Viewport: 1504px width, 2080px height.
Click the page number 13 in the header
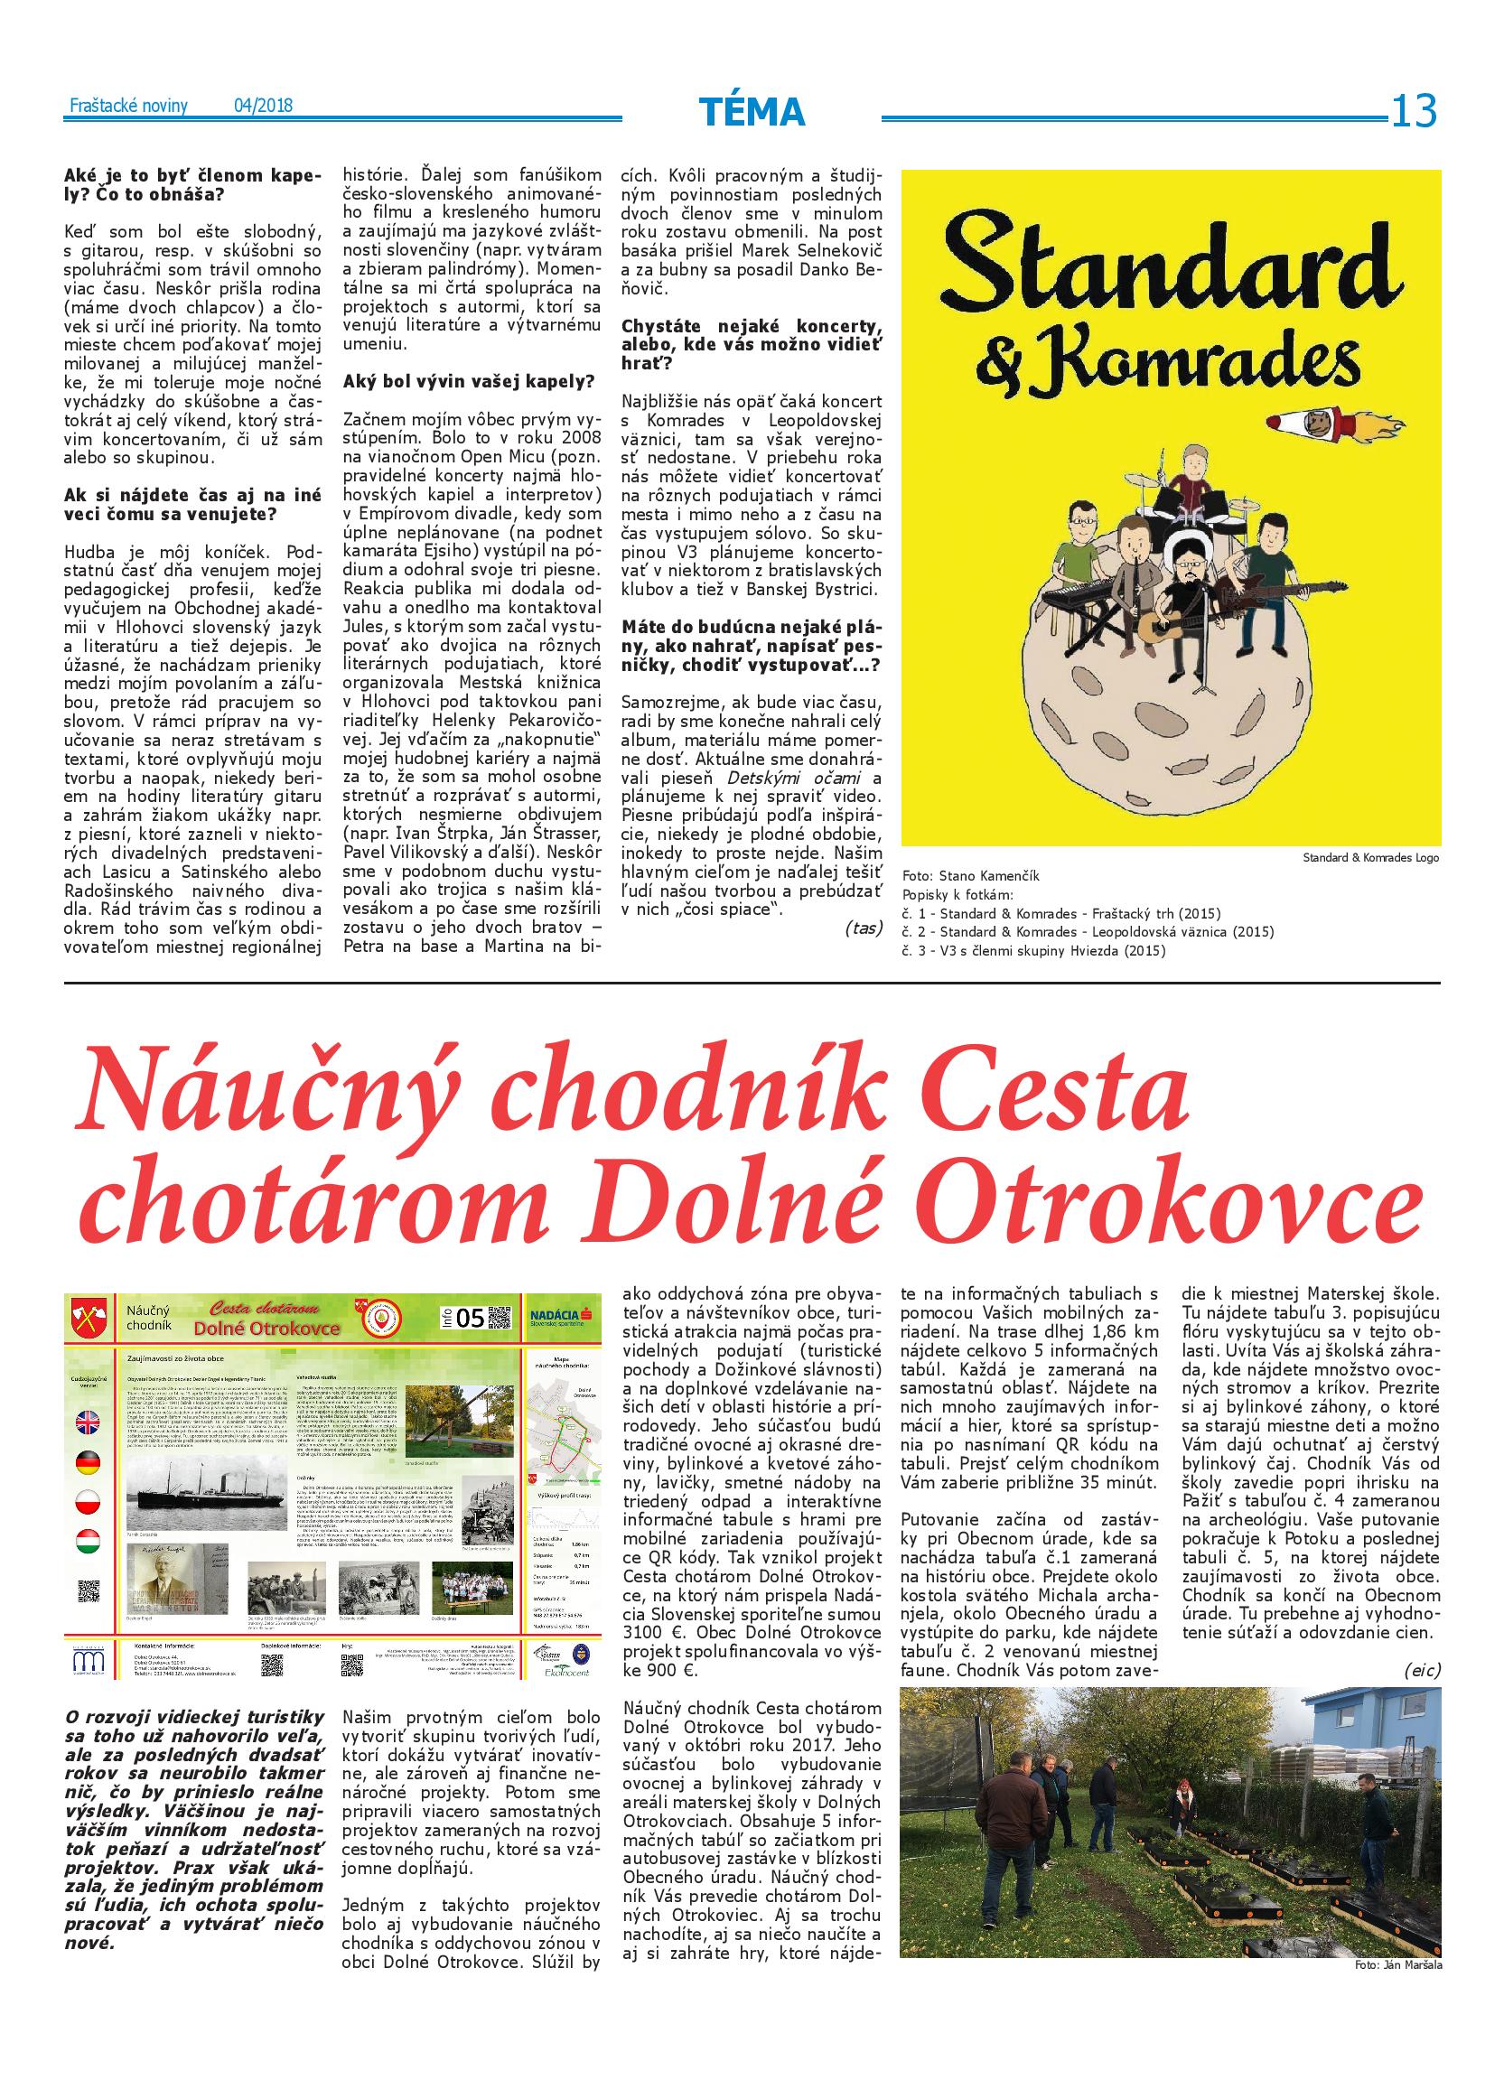click(x=1413, y=112)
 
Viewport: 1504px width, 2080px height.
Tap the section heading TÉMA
click(x=751, y=112)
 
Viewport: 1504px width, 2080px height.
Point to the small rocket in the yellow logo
click(x=1312, y=422)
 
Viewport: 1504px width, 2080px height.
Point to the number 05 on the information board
click(x=469, y=1318)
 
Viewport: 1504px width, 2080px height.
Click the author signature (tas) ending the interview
click(x=862, y=928)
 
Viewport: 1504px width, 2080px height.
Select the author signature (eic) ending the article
click(x=1422, y=1670)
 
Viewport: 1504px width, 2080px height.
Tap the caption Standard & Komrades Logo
click(x=1370, y=857)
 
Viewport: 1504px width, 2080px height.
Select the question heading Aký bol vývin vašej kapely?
click(x=468, y=379)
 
